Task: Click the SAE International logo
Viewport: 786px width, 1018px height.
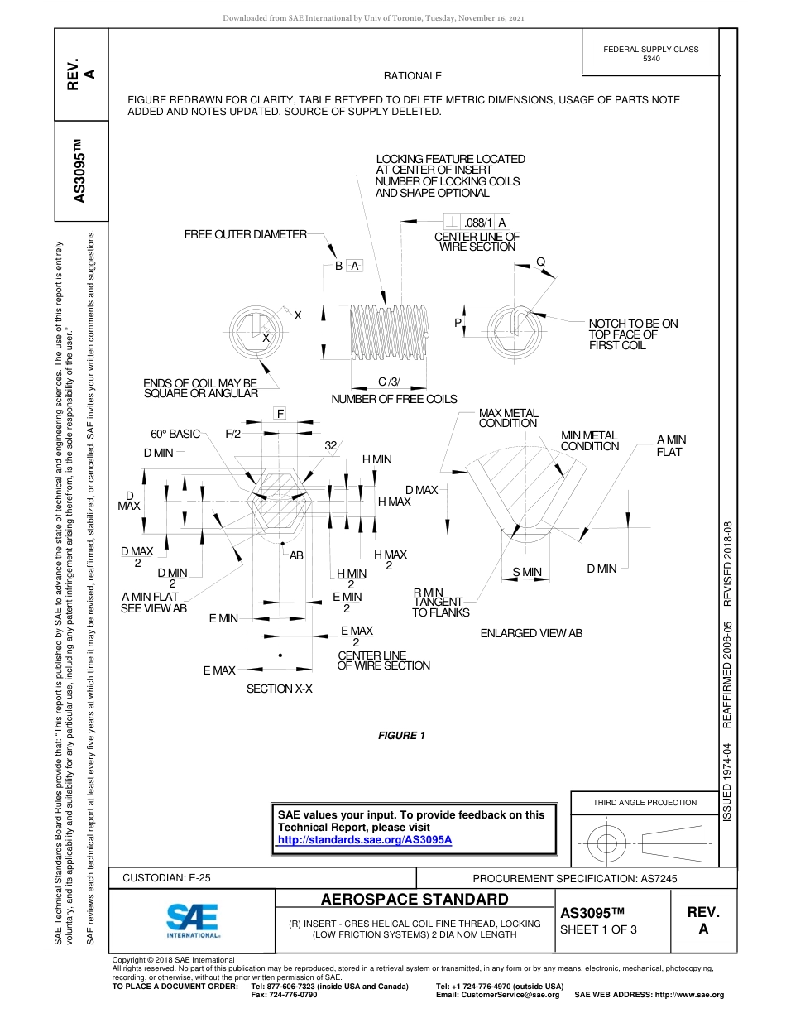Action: [192, 919]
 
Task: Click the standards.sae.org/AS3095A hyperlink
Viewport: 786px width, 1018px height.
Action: [365, 839]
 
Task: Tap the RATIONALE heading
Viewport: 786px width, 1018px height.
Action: [413, 76]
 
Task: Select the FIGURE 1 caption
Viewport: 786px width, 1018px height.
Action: [401, 736]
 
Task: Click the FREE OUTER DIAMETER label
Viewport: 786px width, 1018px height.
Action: [245, 234]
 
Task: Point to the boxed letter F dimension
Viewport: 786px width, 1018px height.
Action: [280, 413]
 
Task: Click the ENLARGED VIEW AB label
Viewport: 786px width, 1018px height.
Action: [531, 633]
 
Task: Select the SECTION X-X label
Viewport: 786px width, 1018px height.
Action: [279, 689]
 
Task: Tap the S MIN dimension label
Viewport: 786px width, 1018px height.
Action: [527, 572]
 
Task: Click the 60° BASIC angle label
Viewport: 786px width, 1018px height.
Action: [175, 434]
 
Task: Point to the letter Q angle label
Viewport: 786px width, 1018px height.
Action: [540, 262]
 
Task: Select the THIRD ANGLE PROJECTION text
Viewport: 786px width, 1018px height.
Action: [645, 802]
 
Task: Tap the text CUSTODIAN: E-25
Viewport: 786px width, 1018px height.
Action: [166, 877]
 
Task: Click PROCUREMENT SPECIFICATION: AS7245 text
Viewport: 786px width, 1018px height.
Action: [574, 878]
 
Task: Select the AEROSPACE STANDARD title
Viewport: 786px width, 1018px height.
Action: [415, 899]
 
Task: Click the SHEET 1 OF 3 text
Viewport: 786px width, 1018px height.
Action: [598, 929]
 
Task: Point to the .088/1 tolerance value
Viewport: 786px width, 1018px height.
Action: [478, 223]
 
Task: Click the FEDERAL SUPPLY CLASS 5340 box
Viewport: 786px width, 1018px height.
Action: [650, 54]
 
